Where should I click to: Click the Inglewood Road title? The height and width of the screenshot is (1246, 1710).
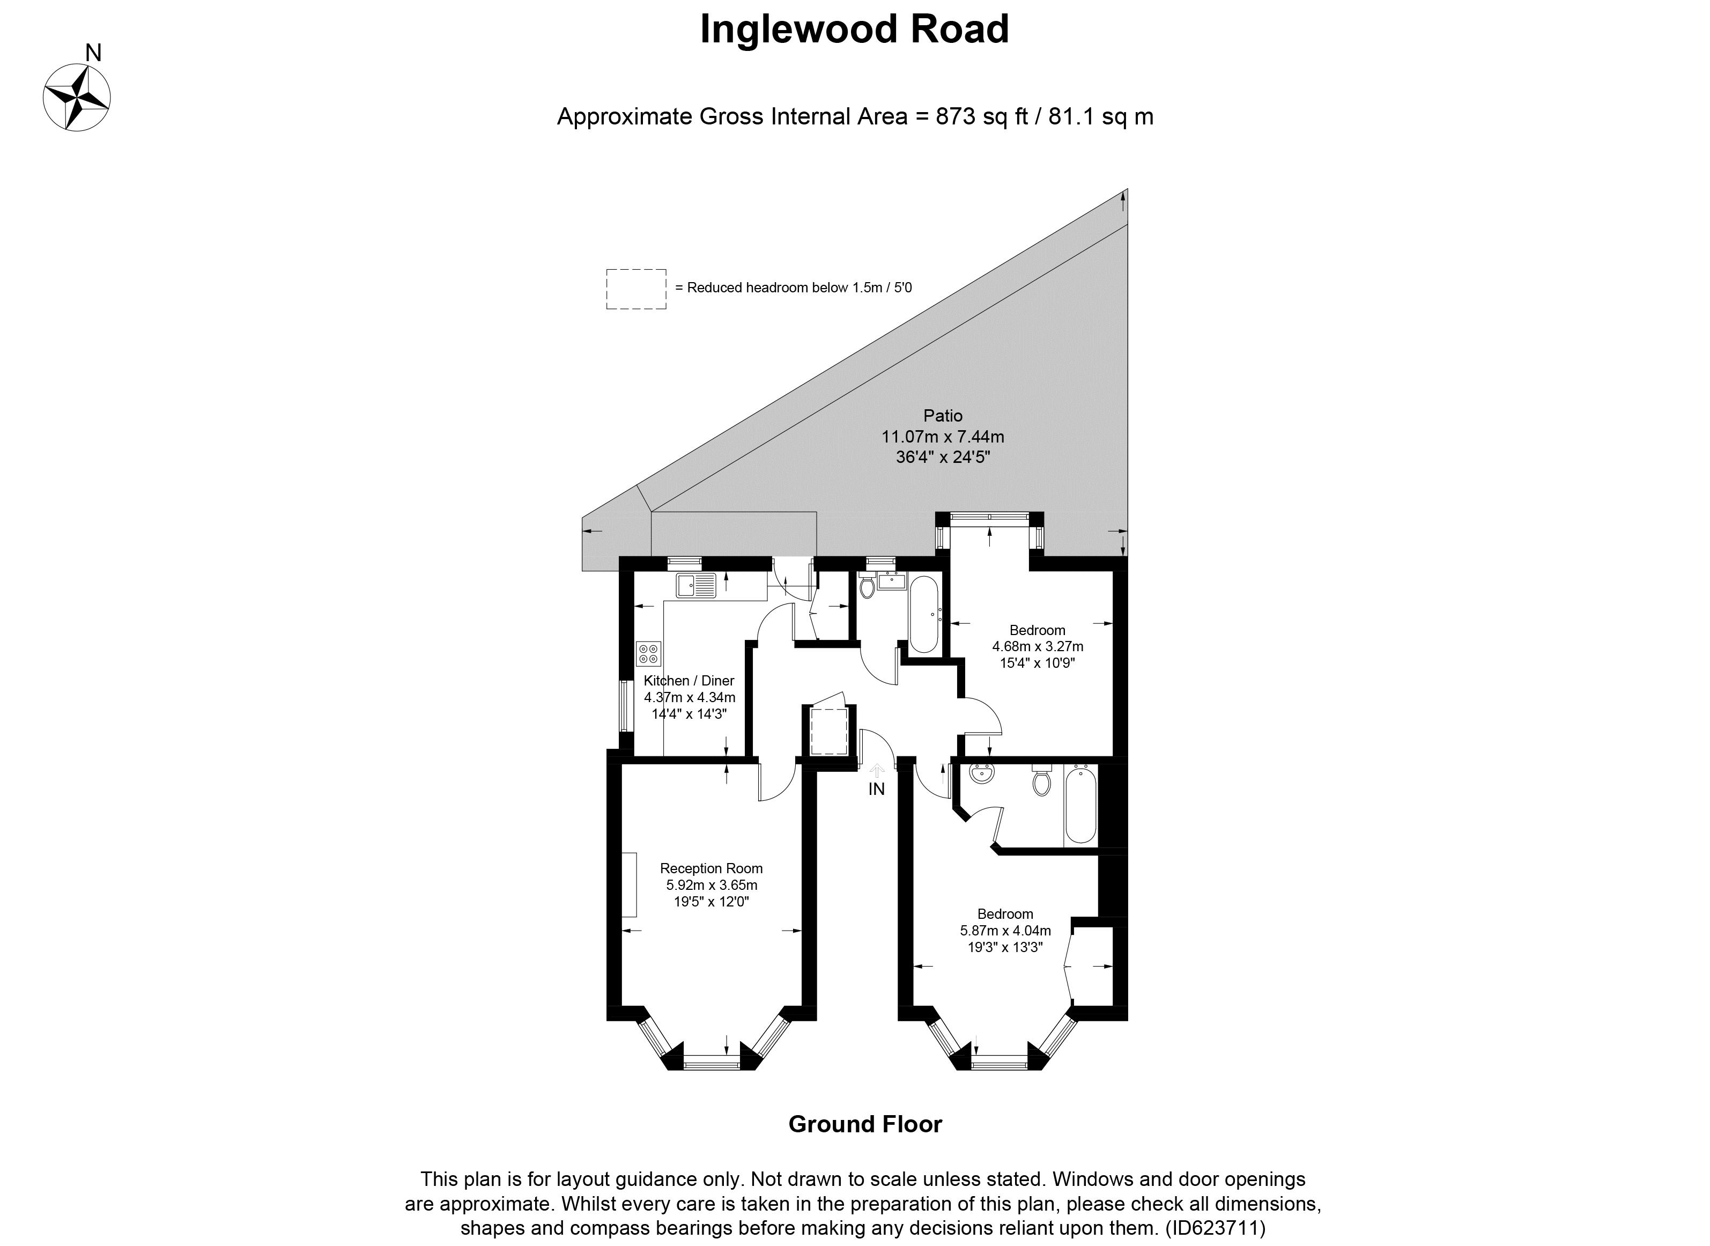pyautogui.click(x=854, y=30)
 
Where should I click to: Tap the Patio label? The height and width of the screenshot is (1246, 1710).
pyautogui.click(x=943, y=416)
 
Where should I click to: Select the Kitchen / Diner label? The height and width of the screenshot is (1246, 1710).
pyautogui.click(x=689, y=680)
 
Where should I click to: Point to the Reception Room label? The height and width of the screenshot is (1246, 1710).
pyautogui.click(x=711, y=868)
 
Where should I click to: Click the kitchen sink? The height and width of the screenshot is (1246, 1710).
pyautogui.click(x=168, y=585)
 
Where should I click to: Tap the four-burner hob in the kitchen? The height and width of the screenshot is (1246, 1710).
pyautogui.click(x=648, y=653)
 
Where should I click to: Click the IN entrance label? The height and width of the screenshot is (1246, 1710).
pyautogui.click(x=876, y=790)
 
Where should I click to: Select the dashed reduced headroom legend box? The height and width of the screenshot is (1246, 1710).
pyautogui.click(x=635, y=289)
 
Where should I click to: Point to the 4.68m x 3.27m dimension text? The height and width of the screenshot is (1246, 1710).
pyautogui.click(x=1038, y=646)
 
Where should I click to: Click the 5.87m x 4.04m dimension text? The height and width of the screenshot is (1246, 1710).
pyautogui.click(x=1005, y=931)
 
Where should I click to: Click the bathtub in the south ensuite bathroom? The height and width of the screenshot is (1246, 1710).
pyautogui.click(x=1080, y=804)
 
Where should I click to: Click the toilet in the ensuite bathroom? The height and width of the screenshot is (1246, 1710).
pyautogui.click(x=1042, y=779)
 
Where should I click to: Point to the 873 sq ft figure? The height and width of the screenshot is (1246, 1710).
pyautogui.click(x=982, y=117)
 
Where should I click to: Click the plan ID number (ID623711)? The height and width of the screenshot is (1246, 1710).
pyautogui.click(x=1216, y=1227)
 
